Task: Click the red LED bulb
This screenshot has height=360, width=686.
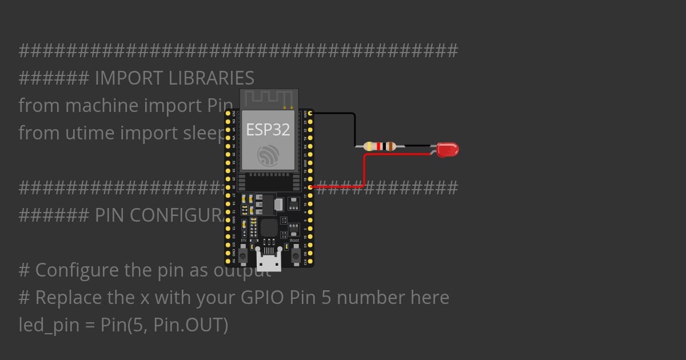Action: coord(448,150)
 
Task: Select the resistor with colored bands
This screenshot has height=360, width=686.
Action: coord(379,146)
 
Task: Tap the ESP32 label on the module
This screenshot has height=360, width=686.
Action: coord(268,130)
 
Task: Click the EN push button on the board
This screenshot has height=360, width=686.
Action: coord(243,255)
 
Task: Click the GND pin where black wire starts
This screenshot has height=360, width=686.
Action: coord(310,114)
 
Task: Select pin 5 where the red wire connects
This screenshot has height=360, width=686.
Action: coord(310,187)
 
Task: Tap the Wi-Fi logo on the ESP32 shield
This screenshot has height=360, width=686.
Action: coord(268,155)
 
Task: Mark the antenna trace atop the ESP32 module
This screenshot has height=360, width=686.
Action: coord(269,98)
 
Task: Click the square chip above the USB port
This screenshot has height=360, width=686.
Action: coord(269,228)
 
